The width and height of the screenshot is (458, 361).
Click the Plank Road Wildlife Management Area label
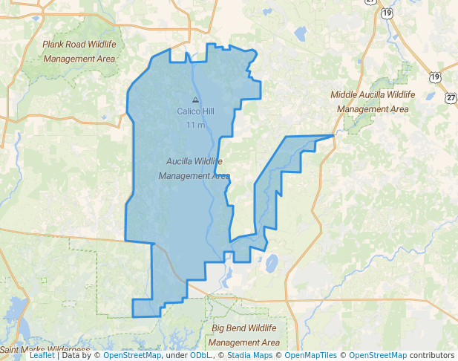[79, 51]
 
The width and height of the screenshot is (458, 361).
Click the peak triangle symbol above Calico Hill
[195, 100]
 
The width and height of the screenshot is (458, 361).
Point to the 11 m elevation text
[195, 124]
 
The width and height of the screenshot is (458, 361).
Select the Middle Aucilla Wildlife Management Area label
[373, 102]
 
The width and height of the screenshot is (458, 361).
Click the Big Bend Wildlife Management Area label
[244, 335]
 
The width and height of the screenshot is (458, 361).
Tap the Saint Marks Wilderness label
[45, 349]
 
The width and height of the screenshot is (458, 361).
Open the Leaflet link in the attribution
[42, 356]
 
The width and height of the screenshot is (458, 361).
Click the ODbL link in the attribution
[200, 356]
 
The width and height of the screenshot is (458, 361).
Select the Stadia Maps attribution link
[249, 356]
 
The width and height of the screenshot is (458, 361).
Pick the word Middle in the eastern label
[344, 95]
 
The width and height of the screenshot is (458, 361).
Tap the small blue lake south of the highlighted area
[272, 264]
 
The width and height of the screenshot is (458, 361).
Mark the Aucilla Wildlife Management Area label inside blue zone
[194, 169]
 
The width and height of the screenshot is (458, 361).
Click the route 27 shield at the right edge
[451, 97]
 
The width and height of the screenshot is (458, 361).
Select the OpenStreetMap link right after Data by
[131, 356]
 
